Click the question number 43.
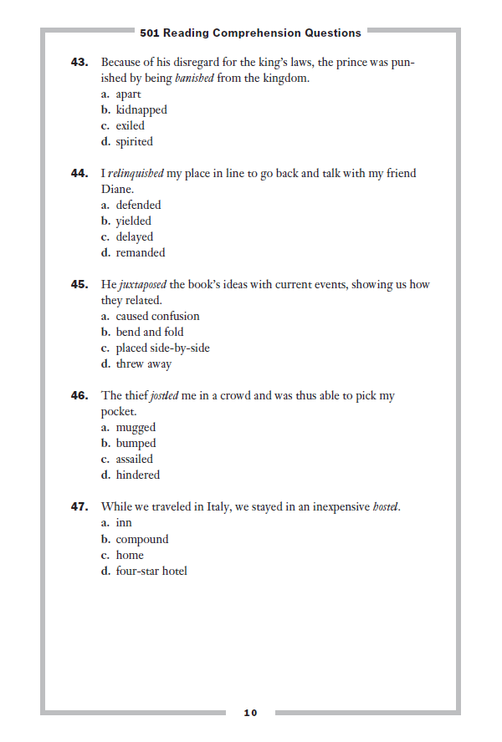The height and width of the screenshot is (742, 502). coord(79,62)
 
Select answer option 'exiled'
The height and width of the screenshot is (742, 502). coord(130,125)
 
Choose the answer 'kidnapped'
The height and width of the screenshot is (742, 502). coord(141,109)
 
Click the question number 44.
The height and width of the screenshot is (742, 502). coord(79,173)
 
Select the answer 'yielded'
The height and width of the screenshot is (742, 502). coord(134,221)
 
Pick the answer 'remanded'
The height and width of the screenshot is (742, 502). coord(141,252)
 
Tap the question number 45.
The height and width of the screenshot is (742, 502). coord(79,284)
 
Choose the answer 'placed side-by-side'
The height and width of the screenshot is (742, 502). coord(162,348)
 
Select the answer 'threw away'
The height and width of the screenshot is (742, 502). coord(144,363)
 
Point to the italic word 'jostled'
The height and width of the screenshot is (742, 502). coord(164,395)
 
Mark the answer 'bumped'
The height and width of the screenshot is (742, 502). coord(136,443)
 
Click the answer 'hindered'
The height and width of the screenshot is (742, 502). coord(137,475)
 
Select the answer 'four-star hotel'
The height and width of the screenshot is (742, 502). coord(151,571)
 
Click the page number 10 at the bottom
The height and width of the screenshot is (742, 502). coord(250,713)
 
